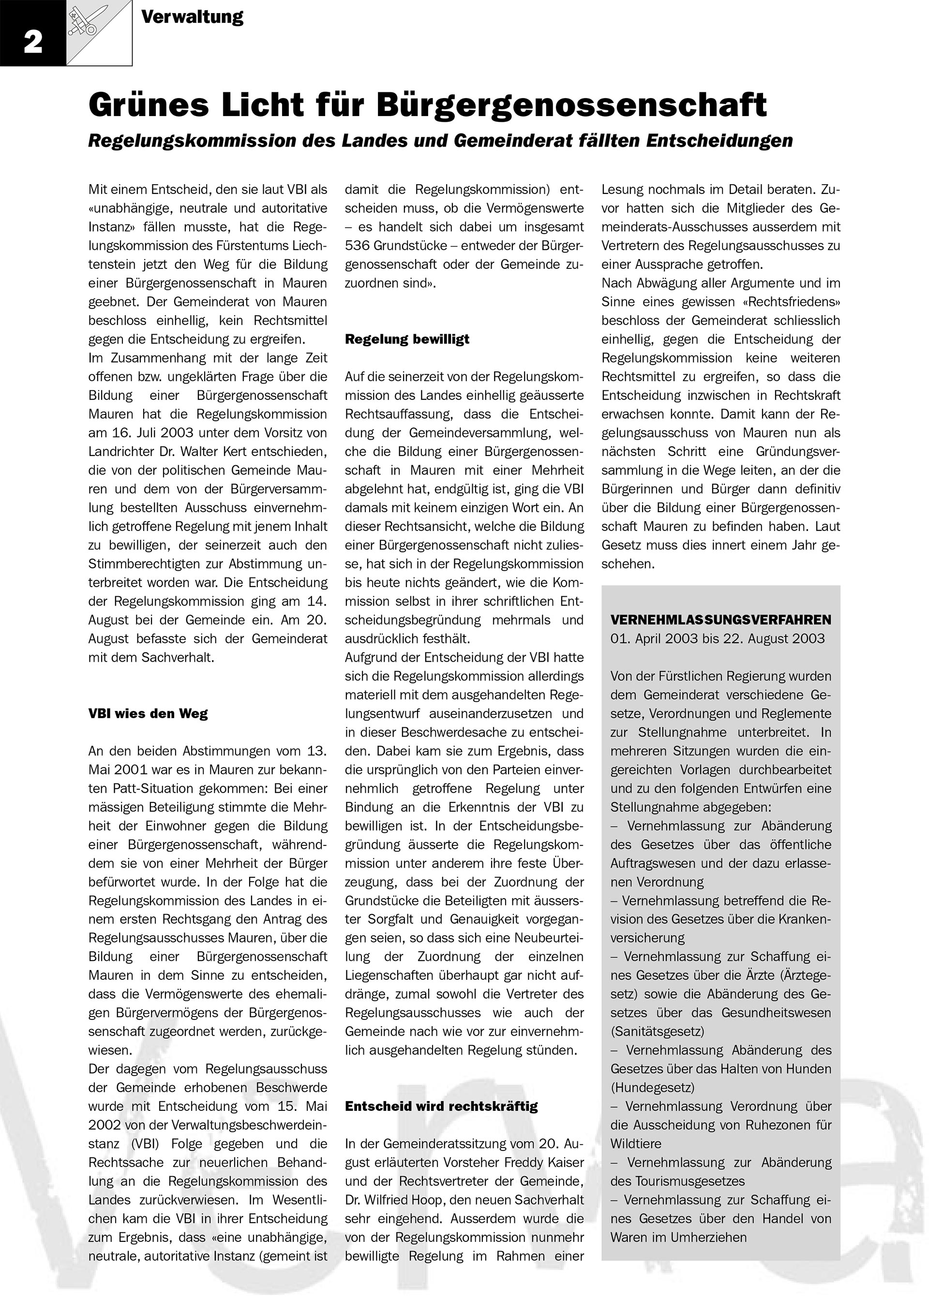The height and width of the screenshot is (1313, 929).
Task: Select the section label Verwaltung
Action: pyautogui.click(x=192, y=17)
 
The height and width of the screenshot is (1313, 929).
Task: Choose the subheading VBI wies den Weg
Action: pyautogui.click(x=148, y=714)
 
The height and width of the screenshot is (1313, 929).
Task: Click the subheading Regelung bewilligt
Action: pyautogui.click(x=407, y=339)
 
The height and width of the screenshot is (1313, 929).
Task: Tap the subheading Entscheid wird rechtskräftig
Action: pyautogui.click(x=441, y=1106)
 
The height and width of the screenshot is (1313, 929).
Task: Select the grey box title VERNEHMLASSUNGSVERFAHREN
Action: pyautogui.click(x=721, y=620)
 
